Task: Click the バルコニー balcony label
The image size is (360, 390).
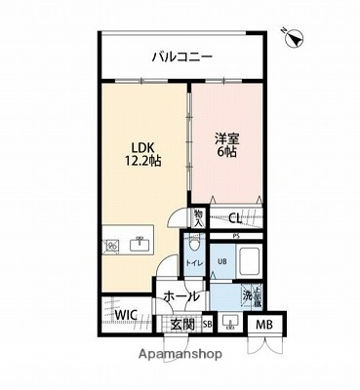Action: [x=182, y=57]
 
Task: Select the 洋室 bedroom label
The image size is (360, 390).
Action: [x=227, y=139]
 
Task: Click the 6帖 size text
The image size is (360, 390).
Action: [x=227, y=154]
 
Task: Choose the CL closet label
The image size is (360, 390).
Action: [x=235, y=220]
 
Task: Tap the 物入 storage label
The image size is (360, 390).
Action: [x=199, y=218]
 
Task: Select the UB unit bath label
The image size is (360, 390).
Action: [x=221, y=261]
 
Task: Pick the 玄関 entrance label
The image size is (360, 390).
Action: [x=182, y=325]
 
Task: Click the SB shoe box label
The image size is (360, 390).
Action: [x=207, y=325]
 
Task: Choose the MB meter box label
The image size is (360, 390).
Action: [x=263, y=325]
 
